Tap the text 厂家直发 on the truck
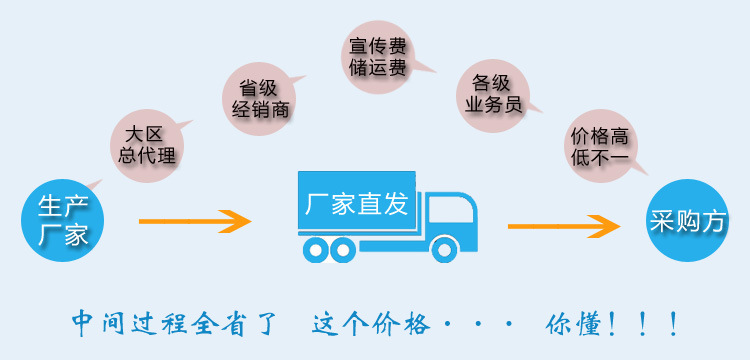[x=357, y=206]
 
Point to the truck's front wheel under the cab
[x=445, y=249]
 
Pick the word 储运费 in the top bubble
[x=377, y=69]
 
